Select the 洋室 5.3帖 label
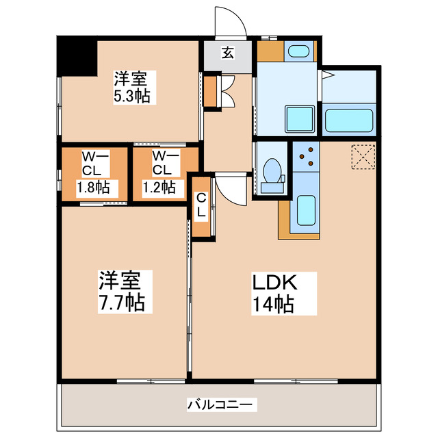click(x=132, y=87)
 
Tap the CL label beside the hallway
click(x=201, y=205)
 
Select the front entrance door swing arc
click(x=229, y=21)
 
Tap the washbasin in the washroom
click(x=298, y=120)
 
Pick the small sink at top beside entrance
click(x=298, y=51)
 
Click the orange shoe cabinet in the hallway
click(x=209, y=89)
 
